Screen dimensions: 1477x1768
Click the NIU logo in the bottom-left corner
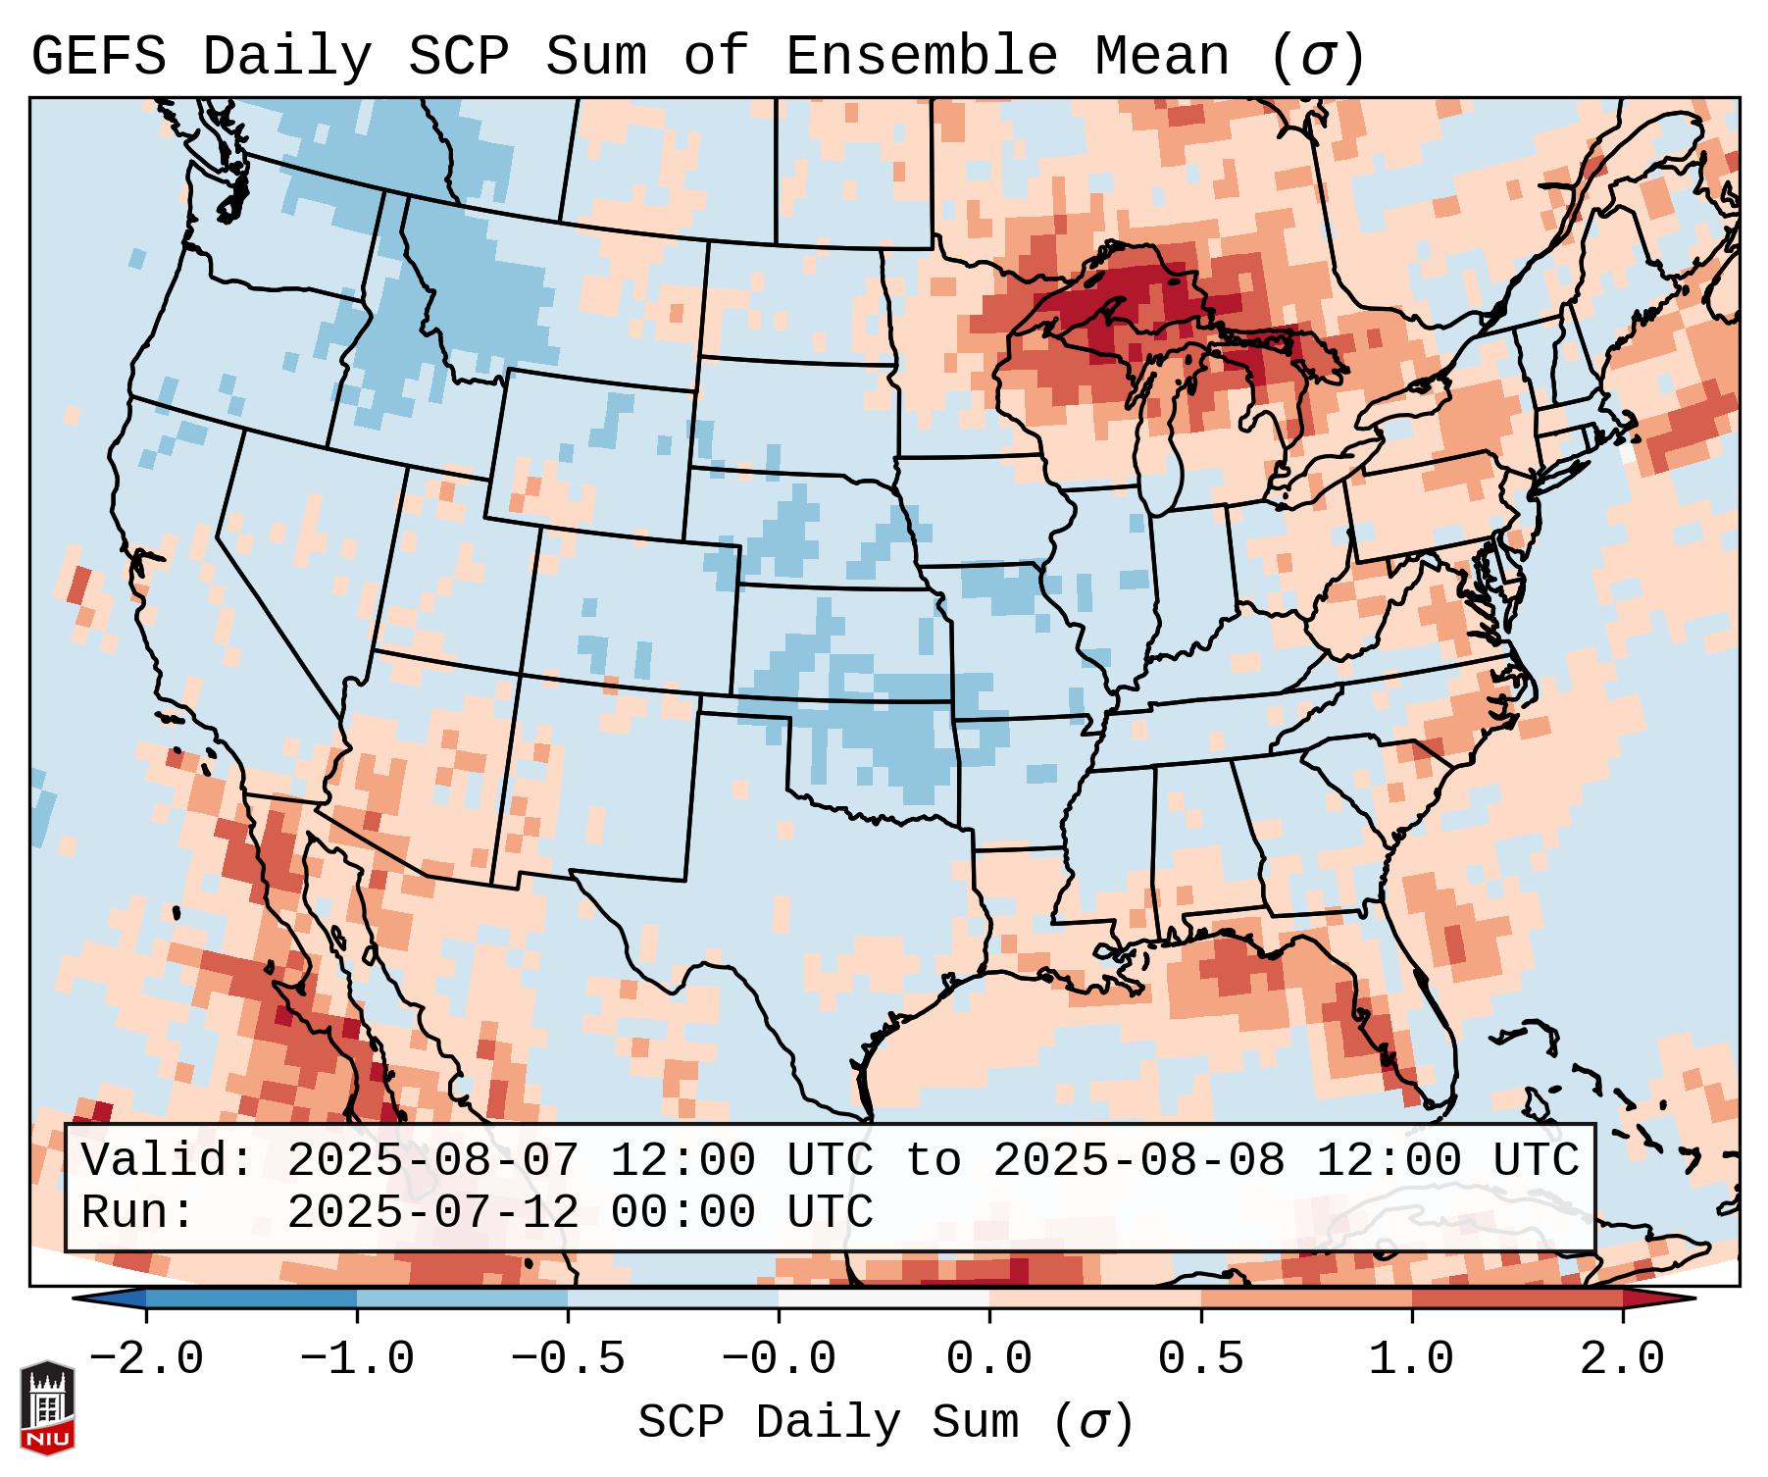point(47,1406)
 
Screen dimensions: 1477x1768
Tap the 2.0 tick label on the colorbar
point(1622,1359)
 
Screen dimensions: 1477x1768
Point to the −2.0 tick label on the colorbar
point(146,1359)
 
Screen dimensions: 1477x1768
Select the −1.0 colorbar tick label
point(357,1359)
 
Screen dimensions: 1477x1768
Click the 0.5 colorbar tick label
point(1200,1359)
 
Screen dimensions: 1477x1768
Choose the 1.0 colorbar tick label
point(1411,1359)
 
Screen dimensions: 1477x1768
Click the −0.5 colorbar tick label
point(568,1359)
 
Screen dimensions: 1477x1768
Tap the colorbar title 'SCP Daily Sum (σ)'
point(885,1423)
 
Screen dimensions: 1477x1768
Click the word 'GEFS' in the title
point(98,57)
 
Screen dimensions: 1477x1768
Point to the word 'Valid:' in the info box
point(168,1161)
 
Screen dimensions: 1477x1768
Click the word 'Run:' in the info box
point(138,1213)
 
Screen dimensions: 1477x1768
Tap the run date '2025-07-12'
point(432,1213)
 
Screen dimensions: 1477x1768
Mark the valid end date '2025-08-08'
point(1138,1161)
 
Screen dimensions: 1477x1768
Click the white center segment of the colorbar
point(884,1299)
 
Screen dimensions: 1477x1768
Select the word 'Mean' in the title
point(1161,57)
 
